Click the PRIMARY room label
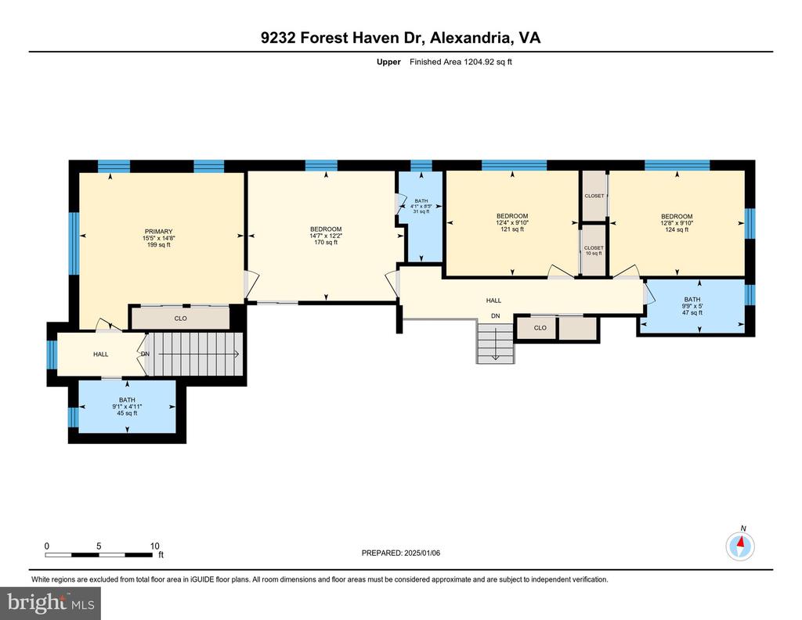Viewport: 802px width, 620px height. tap(158, 238)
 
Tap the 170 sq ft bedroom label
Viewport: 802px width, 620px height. tap(326, 236)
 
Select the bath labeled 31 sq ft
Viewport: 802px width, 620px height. tap(421, 206)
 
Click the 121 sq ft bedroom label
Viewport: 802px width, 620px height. tap(512, 223)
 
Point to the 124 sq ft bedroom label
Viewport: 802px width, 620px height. tap(677, 223)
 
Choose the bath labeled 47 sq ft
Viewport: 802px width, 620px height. tap(692, 305)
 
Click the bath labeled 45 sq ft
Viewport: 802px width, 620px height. tap(127, 406)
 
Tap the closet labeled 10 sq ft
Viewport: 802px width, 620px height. tap(594, 251)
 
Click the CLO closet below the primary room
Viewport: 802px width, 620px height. tap(181, 319)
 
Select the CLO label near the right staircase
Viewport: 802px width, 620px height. tap(540, 328)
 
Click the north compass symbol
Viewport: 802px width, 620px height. tap(740, 546)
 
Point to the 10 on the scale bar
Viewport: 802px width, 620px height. tap(154, 546)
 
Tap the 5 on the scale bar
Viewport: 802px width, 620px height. tap(99, 546)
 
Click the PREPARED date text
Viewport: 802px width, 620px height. tap(400, 553)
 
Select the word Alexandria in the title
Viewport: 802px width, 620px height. tap(470, 38)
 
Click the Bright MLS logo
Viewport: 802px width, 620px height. tap(51, 603)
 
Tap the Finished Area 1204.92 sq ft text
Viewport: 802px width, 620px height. tap(461, 62)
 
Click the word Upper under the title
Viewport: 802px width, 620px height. tap(388, 62)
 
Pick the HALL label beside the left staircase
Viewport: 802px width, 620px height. tap(101, 354)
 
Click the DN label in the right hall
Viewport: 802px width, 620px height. tap(495, 316)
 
